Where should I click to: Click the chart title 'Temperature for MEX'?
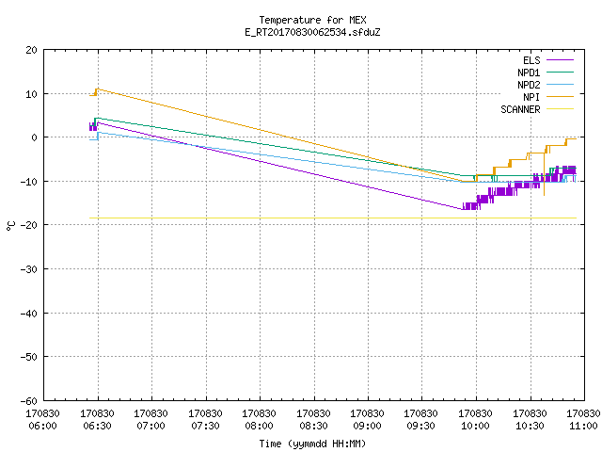[x=312, y=20]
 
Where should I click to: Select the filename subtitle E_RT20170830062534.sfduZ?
[x=312, y=32]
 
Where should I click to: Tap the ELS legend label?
[x=531, y=60]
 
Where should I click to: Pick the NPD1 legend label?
[x=529, y=73]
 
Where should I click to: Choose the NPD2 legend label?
[x=529, y=85]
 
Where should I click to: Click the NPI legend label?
[x=531, y=97]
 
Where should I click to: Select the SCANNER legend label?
[x=520, y=109]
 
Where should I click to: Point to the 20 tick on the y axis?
[x=31, y=50]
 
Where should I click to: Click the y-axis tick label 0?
[x=35, y=137]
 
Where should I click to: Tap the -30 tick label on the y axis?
[x=29, y=269]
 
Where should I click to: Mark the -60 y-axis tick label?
[x=29, y=401]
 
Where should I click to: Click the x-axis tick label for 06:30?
[x=97, y=420]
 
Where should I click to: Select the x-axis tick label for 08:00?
[x=260, y=420]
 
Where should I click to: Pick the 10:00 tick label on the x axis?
[x=475, y=420]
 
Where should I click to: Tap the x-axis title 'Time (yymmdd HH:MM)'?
[x=312, y=444]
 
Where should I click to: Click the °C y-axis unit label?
[x=10, y=226]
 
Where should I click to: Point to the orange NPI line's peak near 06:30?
[x=98, y=89]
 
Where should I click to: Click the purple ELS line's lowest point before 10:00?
[x=463, y=209]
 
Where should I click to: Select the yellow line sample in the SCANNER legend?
[x=561, y=109]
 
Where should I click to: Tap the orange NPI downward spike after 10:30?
[x=544, y=195]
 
